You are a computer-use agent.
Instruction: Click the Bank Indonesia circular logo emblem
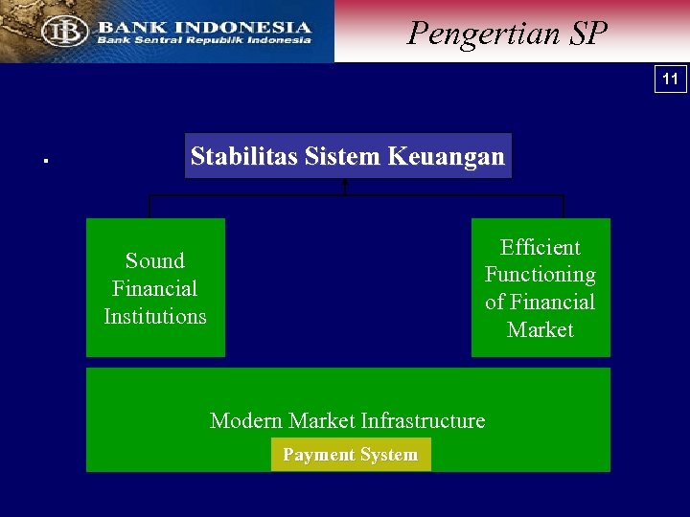pyautogui.click(x=64, y=31)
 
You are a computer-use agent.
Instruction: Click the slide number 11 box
pyautogui.click(x=671, y=79)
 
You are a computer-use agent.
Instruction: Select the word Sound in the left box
pyautogui.click(x=154, y=260)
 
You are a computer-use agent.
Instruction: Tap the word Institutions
pyautogui.click(x=154, y=316)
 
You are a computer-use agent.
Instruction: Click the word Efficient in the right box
pyautogui.click(x=540, y=247)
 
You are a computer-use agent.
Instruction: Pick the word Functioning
pyautogui.click(x=540, y=275)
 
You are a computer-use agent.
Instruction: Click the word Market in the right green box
pyautogui.click(x=540, y=329)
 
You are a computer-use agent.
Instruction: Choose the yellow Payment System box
pyautogui.click(x=351, y=455)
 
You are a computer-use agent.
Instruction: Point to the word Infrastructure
pyautogui.click(x=425, y=420)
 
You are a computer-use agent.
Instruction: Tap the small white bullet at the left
pyautogui.click(x=45, y=161)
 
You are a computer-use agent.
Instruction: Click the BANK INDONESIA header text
pyautogui.click(x=203, y=27)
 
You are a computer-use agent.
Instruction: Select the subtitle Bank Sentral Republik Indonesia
pyautogui.click(x=203, y=40)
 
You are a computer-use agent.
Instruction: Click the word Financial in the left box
pyautogui.click(x=154, y=288)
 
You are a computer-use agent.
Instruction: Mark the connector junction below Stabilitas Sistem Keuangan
pyautogui.click(x=345, y=194)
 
